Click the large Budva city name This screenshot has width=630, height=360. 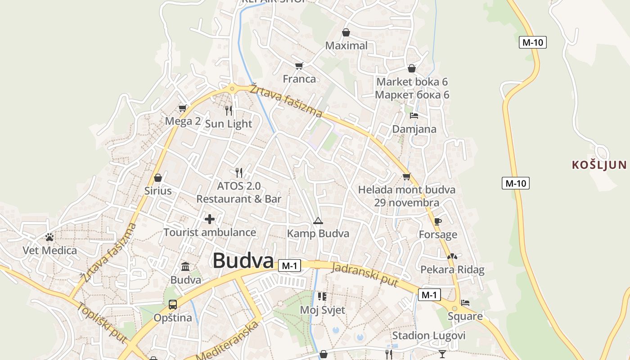(x=243, y=261)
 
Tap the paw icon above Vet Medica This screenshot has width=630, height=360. (x=49, y=237)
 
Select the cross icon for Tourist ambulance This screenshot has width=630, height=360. (x=210, y=219)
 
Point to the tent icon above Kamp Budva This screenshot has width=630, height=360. (x=318, y=220)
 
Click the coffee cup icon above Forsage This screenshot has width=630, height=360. (x=437, y=221)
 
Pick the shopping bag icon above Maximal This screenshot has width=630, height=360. (x=346, y=32)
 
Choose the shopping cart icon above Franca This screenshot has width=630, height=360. (x=299, y=66)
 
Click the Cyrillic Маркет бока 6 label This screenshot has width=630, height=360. (x=412, y=95)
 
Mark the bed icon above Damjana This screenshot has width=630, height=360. (x=414, y=116)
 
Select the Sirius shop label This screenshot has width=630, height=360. (x=158, y=191)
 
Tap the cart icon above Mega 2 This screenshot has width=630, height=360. (x=182, y=108)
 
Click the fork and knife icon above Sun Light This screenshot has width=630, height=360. (x=229, y=110)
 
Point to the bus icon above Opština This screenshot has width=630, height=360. (x=173, y=305)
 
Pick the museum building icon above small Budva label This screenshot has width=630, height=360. (x=185, y=266)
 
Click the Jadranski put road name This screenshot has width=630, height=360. (x=364, y=274)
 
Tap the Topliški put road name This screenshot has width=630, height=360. (x=102, y=322)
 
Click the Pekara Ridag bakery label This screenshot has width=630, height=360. (x=452, y=270)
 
